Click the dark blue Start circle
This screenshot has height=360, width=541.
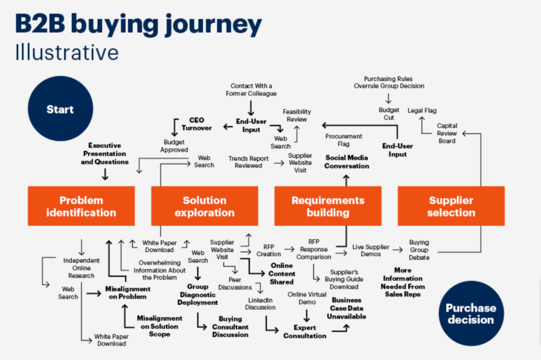pos(60,110)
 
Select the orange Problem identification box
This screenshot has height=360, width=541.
pos(81,206)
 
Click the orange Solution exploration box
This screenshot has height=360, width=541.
pos(204,206)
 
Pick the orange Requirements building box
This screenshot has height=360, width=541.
pos(328,206)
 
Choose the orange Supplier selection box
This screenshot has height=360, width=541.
pos(451,206)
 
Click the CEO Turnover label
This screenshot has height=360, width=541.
pos(197,124)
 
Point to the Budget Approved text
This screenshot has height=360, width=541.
pos(175,146)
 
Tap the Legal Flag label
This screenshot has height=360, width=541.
pos(422,111)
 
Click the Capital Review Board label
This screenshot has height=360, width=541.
pos(447,133)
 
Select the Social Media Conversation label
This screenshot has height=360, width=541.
pos(347,162)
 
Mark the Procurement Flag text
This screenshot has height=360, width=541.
pos(344,140)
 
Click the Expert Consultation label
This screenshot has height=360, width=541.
pos(305,331)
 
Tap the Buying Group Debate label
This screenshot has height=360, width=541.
pos(419,250)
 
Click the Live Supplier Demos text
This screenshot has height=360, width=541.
pos(371,250)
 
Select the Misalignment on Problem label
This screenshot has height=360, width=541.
pos(127,292)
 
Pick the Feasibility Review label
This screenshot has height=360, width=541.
pos(296,115)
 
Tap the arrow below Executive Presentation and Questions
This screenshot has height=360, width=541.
pos(105,174)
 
